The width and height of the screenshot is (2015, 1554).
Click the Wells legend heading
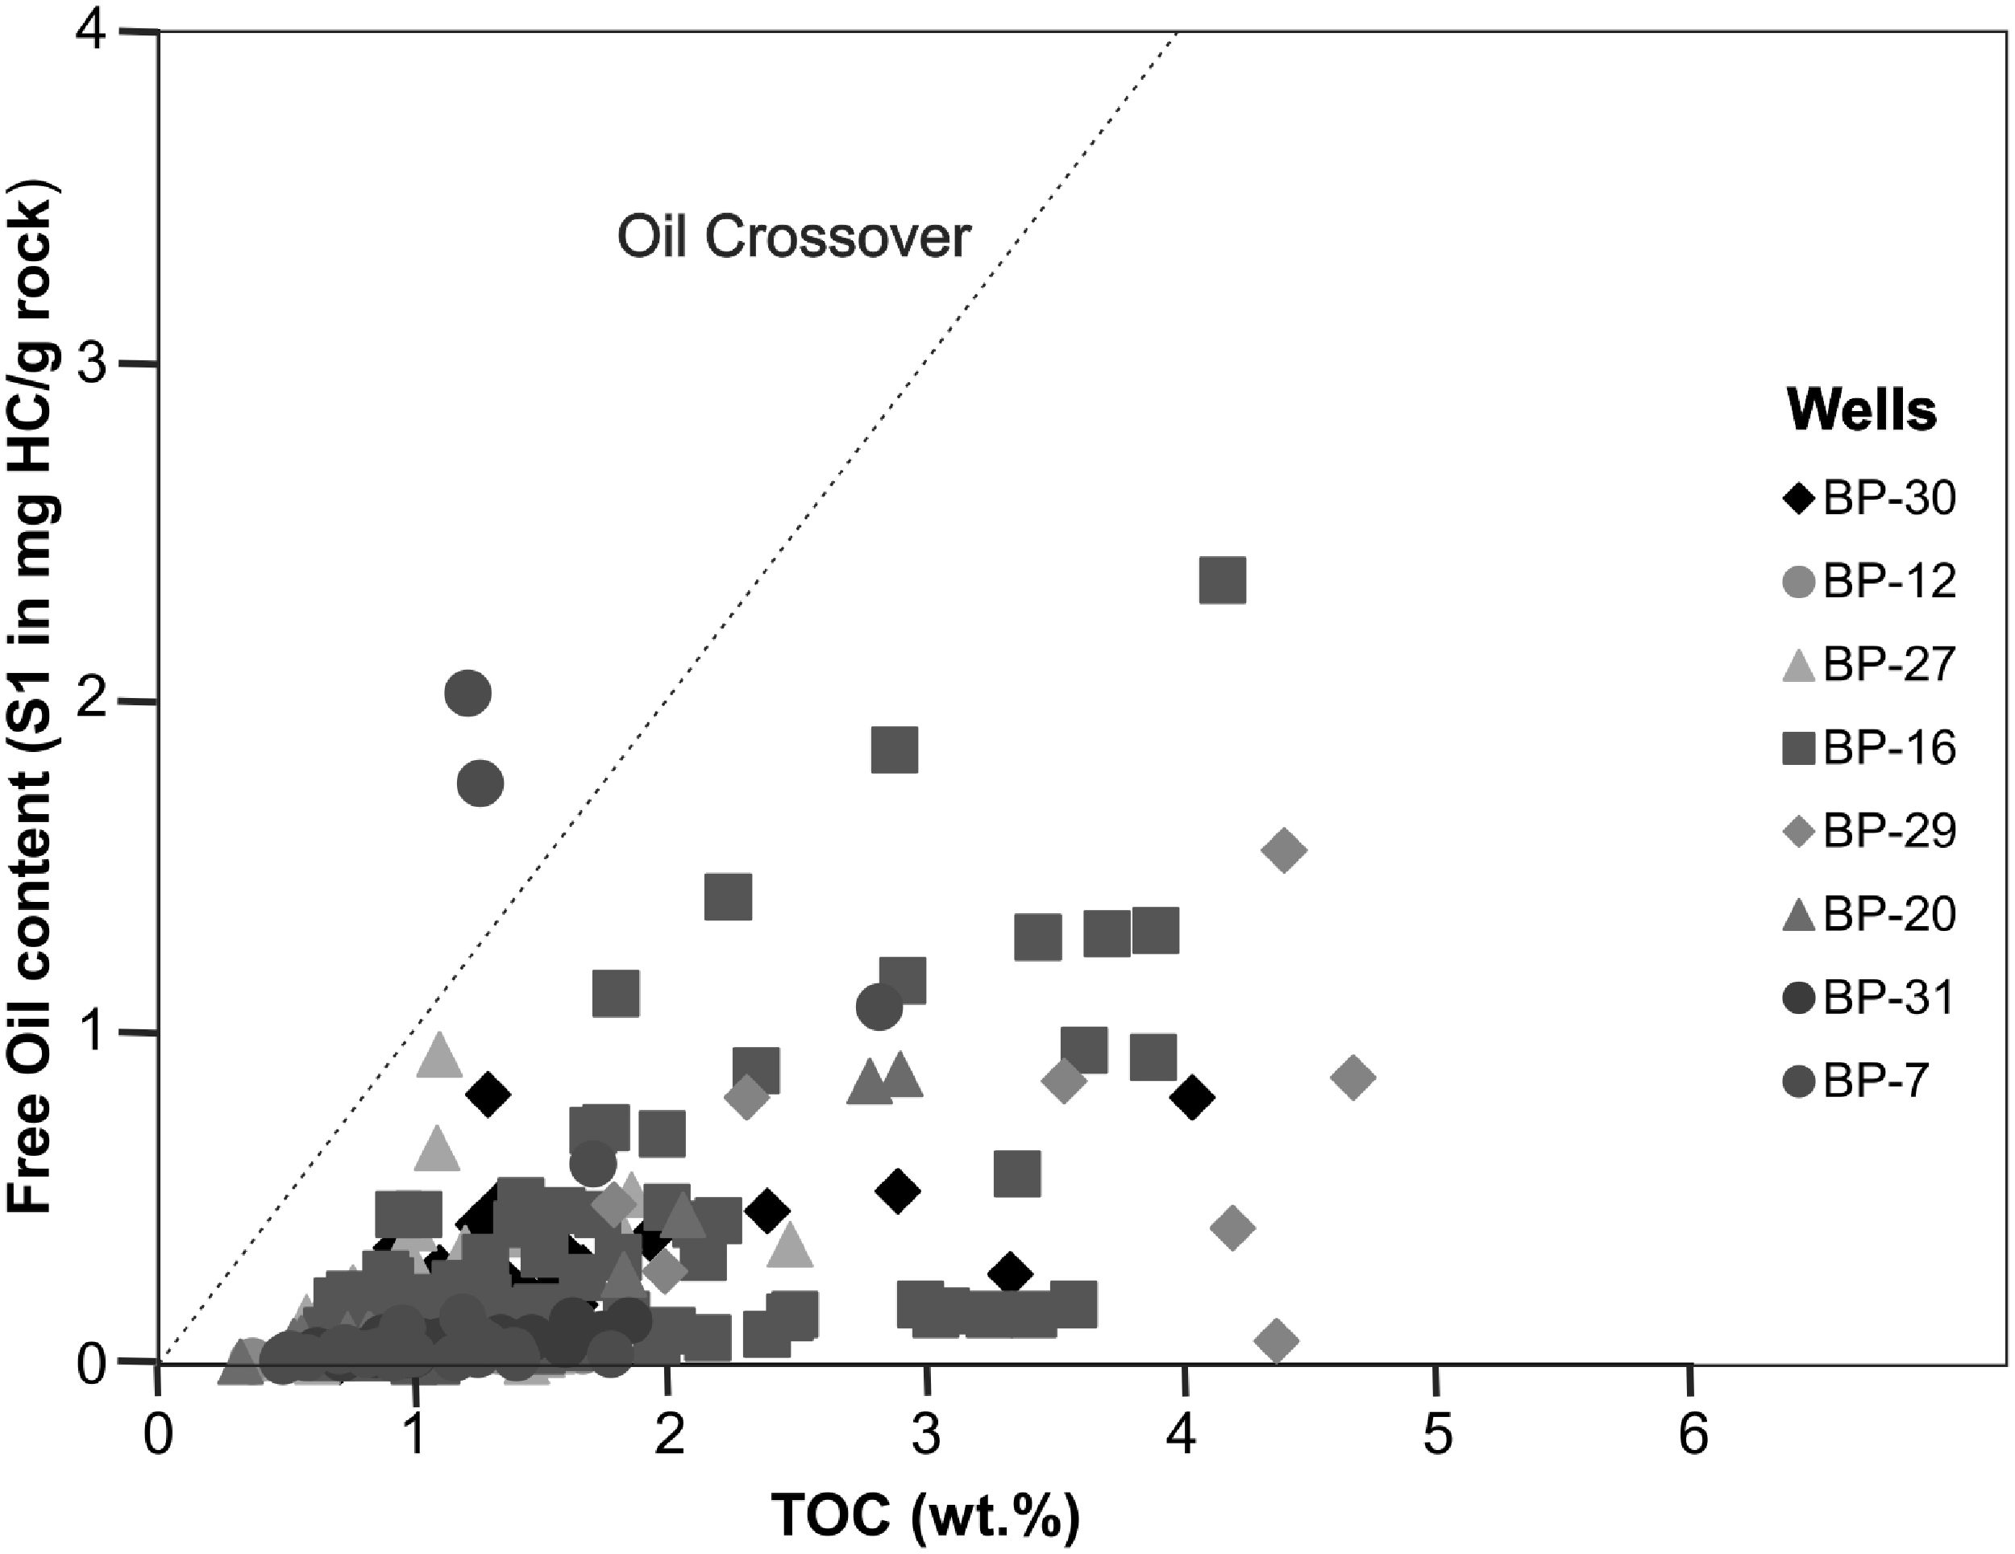click(1862, 409)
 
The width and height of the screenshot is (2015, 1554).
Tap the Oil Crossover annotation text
click(793, 238)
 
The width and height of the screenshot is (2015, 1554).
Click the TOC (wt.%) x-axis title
click(925, 1514)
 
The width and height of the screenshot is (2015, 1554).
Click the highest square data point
click(1223, 580)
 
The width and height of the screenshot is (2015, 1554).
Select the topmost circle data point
click(467, 693)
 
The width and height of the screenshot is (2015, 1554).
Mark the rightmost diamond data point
click(1353, 1077)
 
